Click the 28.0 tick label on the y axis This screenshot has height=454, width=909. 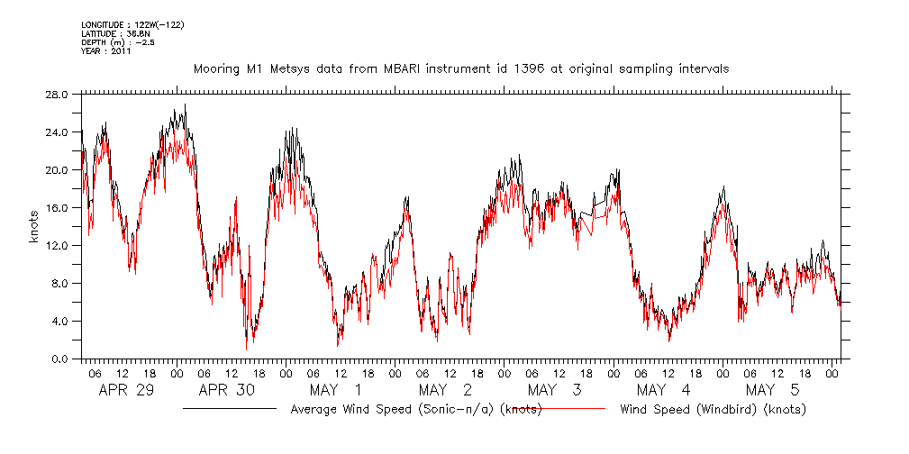tap(57, 95)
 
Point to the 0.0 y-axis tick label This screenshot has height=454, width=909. tap(59, 359)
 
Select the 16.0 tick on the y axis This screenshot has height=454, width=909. tap(57, 208)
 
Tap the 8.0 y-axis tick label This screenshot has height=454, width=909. tap(59, 284)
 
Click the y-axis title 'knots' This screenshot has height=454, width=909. tap(33, 227)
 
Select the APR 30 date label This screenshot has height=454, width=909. tap(225, 390)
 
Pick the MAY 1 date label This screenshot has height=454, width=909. tap(335, 390)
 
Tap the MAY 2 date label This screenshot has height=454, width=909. tap(444, 390)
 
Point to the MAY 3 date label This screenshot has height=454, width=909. tap(553, 390)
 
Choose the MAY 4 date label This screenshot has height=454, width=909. tap(663, 390)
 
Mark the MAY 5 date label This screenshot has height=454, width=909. tap(772, 390)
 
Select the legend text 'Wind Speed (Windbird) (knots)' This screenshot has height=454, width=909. tap(713, 409)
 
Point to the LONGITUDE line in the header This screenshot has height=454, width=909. tap(132, 24)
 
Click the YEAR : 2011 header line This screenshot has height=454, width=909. tap(106, 51)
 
